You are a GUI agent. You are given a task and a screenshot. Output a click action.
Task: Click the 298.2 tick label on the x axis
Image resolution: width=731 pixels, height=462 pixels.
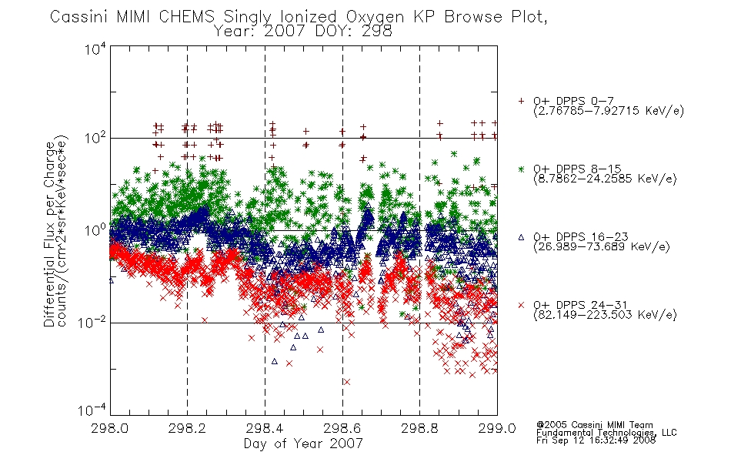[187, 428]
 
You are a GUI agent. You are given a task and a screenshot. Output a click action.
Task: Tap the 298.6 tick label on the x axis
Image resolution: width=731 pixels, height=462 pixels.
[342, 428]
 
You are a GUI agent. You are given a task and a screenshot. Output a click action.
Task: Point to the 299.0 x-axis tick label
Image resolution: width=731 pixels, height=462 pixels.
[497, 428]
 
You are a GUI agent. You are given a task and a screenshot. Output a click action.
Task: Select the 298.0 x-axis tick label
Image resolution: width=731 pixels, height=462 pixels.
[109, 428]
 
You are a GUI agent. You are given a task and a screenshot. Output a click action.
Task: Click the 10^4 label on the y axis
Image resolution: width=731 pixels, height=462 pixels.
[95, 49]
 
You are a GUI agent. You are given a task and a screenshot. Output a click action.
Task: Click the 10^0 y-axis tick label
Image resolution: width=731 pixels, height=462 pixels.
[95, 229]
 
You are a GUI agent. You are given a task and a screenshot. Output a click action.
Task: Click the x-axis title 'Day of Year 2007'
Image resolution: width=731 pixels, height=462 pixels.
[303, 444]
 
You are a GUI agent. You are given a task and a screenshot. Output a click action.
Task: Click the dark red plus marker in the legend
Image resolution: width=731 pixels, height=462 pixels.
[521, 101]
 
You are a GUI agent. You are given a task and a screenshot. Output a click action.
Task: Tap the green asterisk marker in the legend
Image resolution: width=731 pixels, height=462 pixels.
[521, 169]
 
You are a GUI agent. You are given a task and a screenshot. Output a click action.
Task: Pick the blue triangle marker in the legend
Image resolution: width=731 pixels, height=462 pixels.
[521, 237]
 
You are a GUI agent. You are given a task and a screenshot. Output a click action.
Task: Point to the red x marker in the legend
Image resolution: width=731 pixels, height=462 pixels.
[521, 305]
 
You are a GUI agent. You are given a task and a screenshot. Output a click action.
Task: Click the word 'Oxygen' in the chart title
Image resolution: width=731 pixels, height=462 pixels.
[376, 17]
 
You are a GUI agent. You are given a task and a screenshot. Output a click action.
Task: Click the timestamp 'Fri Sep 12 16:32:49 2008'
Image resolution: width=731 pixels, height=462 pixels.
[596, 440]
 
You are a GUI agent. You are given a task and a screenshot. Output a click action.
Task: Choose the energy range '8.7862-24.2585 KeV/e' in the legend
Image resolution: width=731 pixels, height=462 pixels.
[605, 179]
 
